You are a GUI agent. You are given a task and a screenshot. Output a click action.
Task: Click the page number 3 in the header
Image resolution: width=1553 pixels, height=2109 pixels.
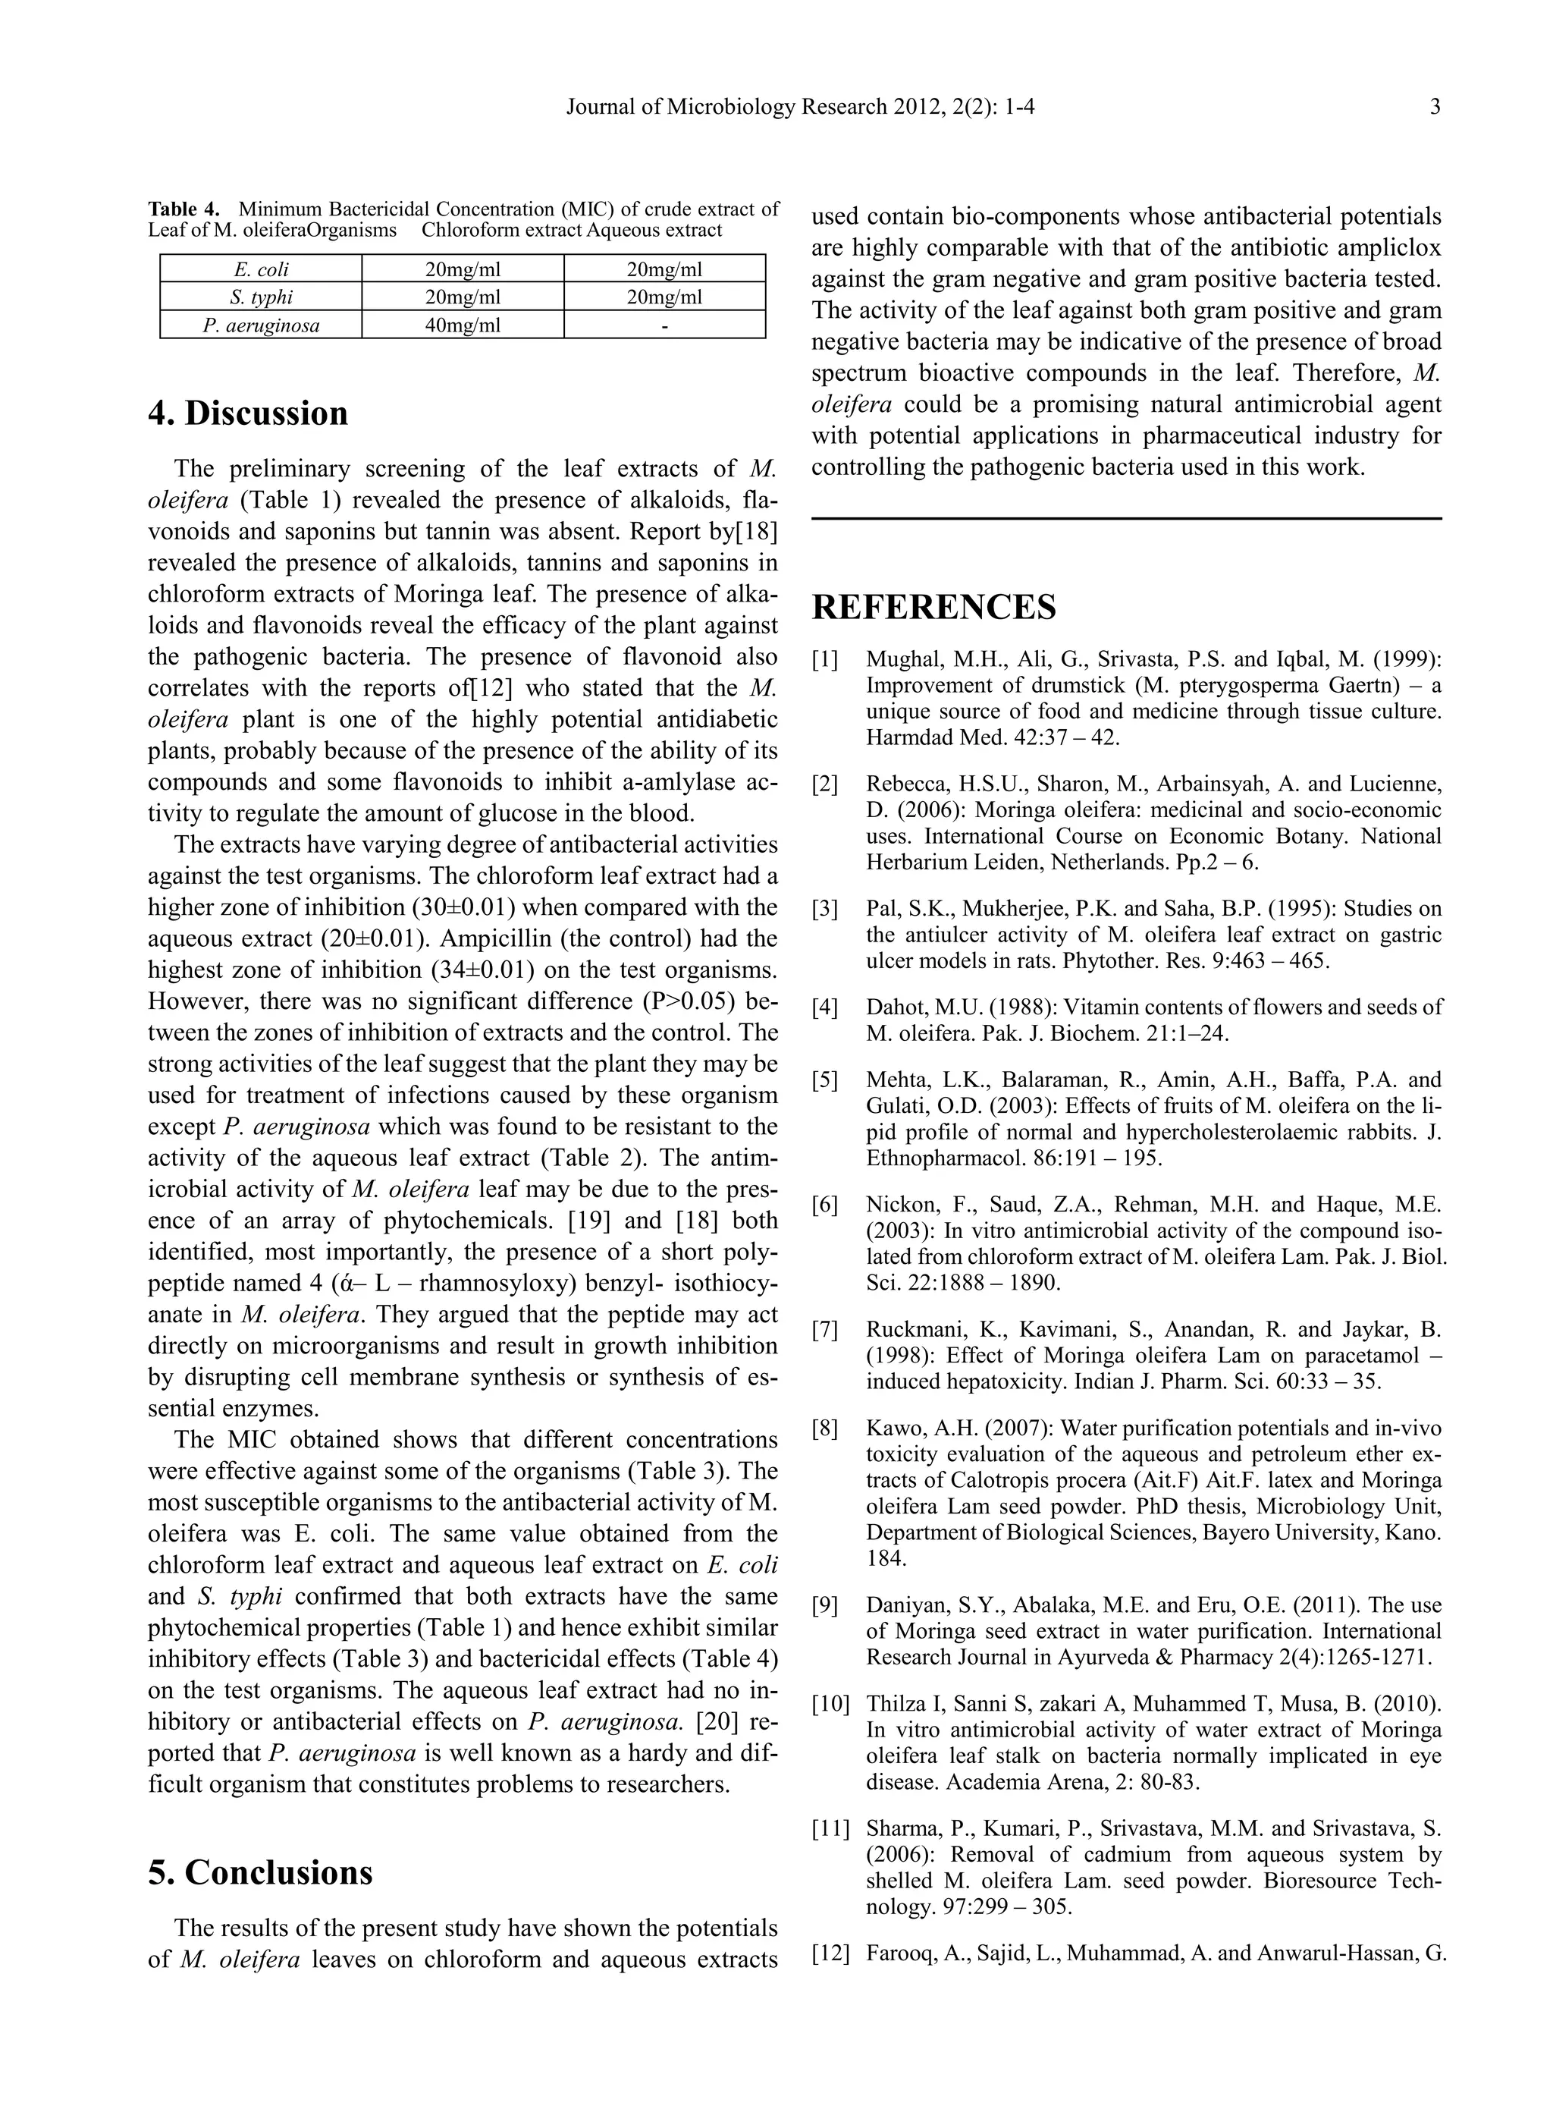(1435, 107)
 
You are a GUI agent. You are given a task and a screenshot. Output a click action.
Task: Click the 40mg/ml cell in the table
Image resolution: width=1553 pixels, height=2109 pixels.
(463, 325)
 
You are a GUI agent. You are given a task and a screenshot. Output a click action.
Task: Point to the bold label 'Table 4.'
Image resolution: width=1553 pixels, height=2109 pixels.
(184, 209)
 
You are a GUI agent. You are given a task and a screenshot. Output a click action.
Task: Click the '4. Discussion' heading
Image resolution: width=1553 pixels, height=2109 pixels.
(248, 413)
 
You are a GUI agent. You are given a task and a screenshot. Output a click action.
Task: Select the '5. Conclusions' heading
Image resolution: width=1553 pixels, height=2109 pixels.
(260, 1872)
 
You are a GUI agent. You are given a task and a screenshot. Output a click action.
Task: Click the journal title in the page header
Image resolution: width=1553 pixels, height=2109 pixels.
(800, 107)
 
